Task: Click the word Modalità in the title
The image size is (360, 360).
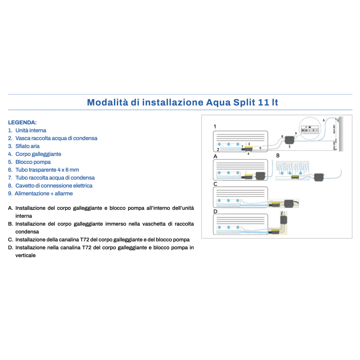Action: (107, 102)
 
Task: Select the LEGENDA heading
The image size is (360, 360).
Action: (22, 122)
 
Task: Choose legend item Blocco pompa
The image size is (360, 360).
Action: (33, 162)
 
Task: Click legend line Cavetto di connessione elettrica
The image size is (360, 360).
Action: (54, 185)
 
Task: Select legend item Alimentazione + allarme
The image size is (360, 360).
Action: (44, 193)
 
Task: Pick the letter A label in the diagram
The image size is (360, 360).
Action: (216, 156)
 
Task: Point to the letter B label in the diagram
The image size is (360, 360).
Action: (278, 155)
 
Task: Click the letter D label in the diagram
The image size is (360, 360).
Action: (216, 211)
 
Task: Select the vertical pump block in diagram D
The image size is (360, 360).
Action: (284, 220)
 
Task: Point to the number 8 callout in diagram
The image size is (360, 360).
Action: (282, 136)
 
